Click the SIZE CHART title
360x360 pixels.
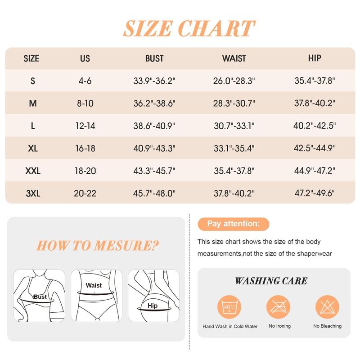point(189,28)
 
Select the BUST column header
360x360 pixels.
point(154,58)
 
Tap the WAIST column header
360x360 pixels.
point(234,58)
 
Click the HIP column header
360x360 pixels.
point(315,58)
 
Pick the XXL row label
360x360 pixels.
point(33,171)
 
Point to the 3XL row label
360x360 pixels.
point(33,193)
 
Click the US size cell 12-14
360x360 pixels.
point(85,126)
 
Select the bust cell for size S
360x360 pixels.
point(154,81)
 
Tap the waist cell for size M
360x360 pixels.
point(234,103)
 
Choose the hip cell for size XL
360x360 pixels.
point(315,148)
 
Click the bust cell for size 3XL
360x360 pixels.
point(154,193)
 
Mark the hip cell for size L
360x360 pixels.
point(315,126)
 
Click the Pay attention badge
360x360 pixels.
point(233,224)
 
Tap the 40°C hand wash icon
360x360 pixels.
point(229,307)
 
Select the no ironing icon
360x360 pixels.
point(278,307)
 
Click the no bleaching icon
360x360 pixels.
point(327,307)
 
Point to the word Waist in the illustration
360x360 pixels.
point(94,285)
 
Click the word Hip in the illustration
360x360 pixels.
point(153,306)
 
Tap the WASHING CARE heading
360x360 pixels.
point(271,281)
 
